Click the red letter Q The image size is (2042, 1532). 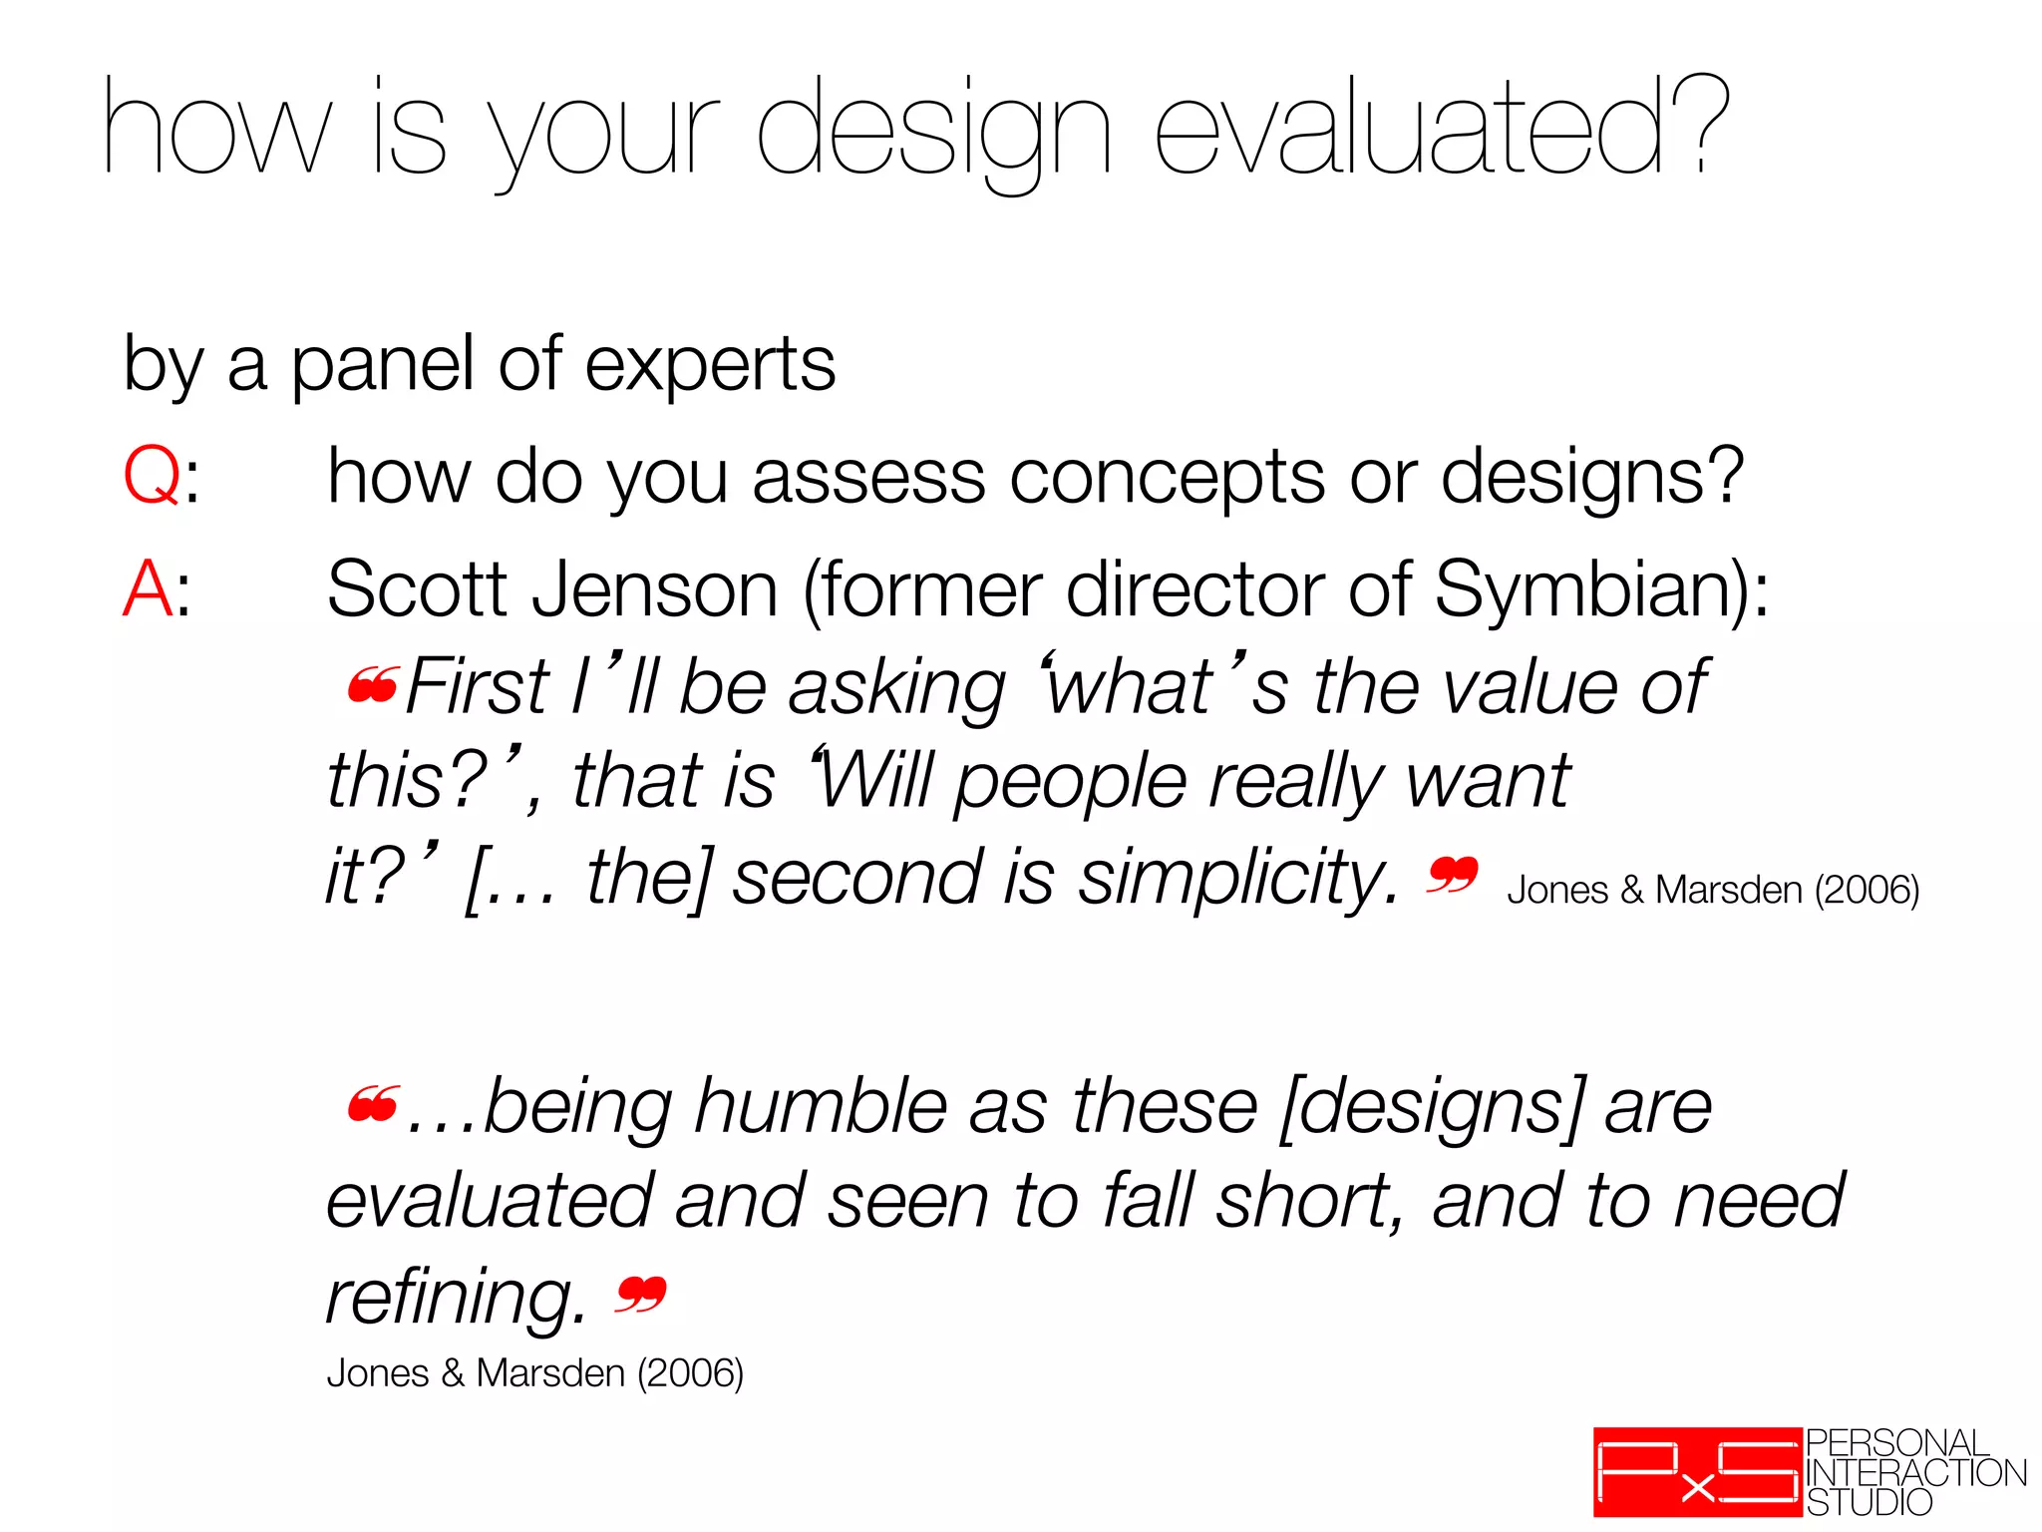click(152, 477)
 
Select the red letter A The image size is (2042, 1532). click(147, 589)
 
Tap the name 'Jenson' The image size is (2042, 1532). click(654, 589)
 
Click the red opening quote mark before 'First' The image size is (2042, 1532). click(373, 685)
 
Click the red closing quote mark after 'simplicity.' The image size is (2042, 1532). click(1452, 876)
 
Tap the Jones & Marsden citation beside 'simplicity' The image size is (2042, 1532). click(1712, 890)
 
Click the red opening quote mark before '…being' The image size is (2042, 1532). click(373, 1104)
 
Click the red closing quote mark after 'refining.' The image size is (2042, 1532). click(640, 1295)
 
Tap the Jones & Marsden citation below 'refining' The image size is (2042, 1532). click(534, 1373)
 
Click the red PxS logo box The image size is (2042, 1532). click(1697, 1472)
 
